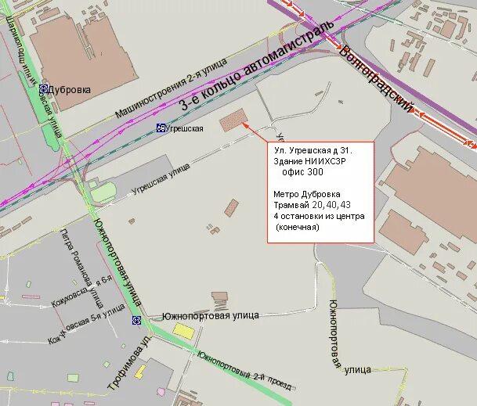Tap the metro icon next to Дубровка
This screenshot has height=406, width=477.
[x=45, y=89]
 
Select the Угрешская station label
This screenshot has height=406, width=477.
[x=186, y=128]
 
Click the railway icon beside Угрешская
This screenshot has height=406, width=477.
[x=161, y=128]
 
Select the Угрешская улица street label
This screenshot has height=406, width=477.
[x=161, y=179]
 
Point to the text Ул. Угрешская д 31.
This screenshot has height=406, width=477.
[x=313, y=149]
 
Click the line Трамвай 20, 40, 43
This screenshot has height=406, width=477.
[x=313, y=204]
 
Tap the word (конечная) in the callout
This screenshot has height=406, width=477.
[x=298, y=227]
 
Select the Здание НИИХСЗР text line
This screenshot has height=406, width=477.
[x=310, y=160]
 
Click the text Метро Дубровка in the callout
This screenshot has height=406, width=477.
[x=307, y=193]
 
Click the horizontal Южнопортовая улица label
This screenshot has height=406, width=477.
[x=210, y=316]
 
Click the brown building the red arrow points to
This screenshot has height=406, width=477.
[x=233, y=120]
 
